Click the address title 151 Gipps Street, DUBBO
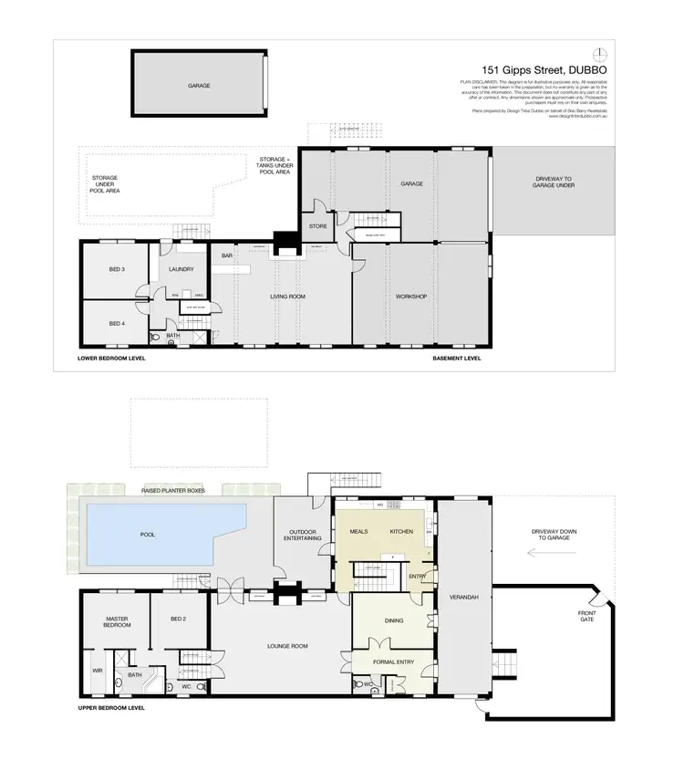544,68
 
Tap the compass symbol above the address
598,51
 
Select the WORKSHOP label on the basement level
411,297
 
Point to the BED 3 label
116,269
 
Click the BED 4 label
116,324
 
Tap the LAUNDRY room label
182,269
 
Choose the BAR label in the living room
227,255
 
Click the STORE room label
317,225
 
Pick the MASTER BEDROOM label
116,623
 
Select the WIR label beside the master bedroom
97,671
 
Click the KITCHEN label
401,531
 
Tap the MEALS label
358,531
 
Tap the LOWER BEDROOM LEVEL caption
111,359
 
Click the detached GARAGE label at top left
199,85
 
